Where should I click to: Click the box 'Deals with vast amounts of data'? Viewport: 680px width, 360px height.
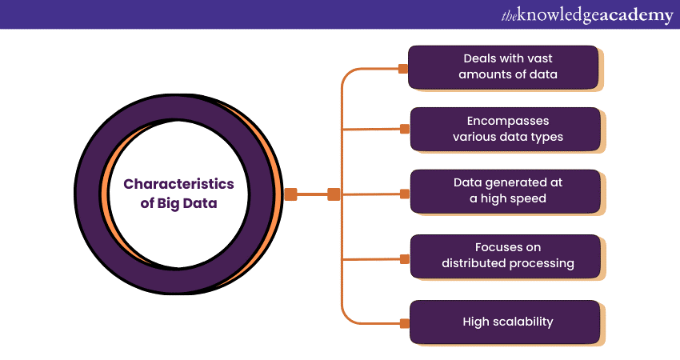click(x=504, y=67)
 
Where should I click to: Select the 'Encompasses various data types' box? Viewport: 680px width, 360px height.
click(x=506, y=129)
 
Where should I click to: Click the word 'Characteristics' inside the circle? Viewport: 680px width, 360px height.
click(x=178, y=184)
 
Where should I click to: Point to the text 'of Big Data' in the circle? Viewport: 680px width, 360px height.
click(x=178, y=204)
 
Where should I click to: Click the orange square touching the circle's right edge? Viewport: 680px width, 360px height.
click(x=290, y=194)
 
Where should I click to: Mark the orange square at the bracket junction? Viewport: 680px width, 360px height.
click(x=334, y=194)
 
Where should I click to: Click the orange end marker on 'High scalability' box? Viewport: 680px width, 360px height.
click(x=404, y=323)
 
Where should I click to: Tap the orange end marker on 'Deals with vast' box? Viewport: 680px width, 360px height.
click(x=403, y=69)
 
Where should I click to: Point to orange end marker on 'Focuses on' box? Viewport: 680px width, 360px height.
click(x=404, y=258)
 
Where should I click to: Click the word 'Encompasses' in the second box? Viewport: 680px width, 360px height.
click(x=508, y=121)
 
